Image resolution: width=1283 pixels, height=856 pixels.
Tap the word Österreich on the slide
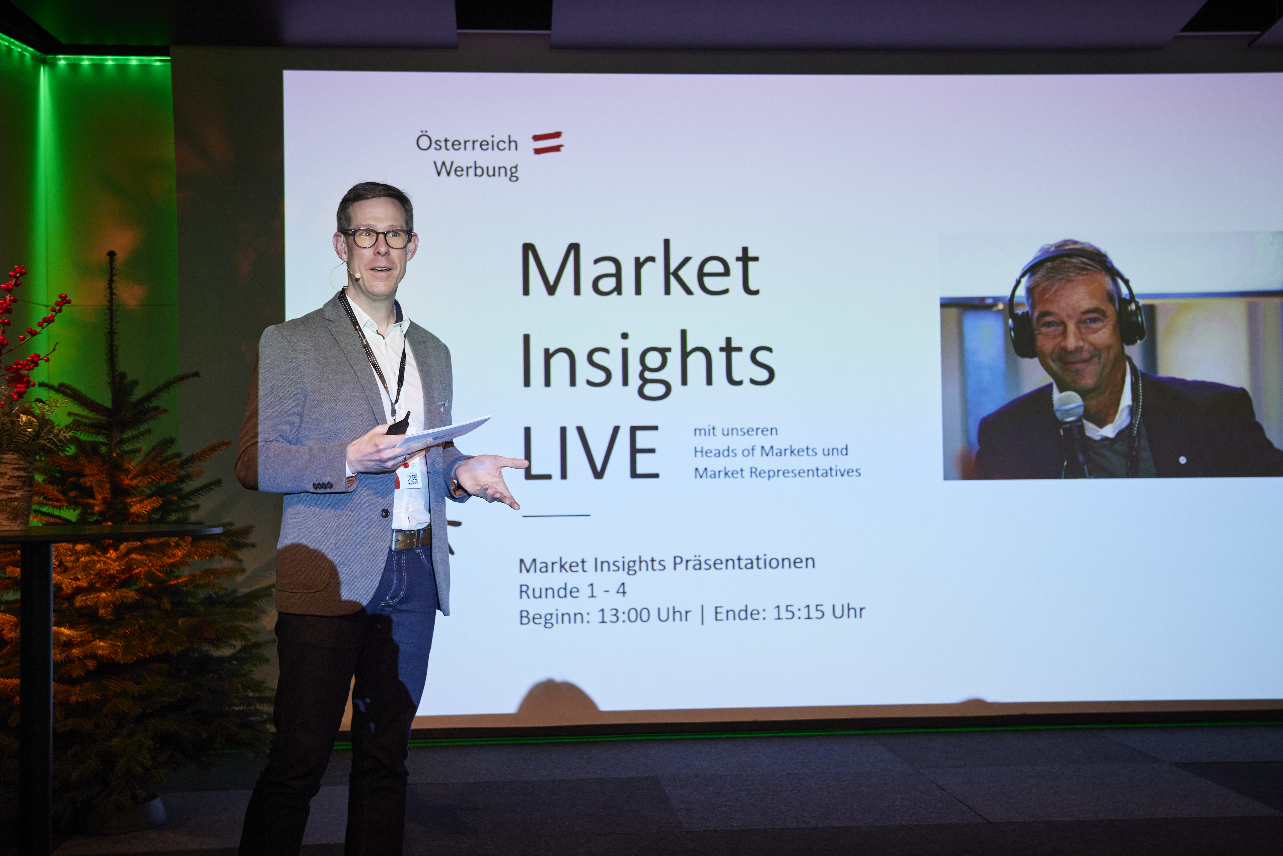[467, 143]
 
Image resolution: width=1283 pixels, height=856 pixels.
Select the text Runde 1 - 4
[572, 591]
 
